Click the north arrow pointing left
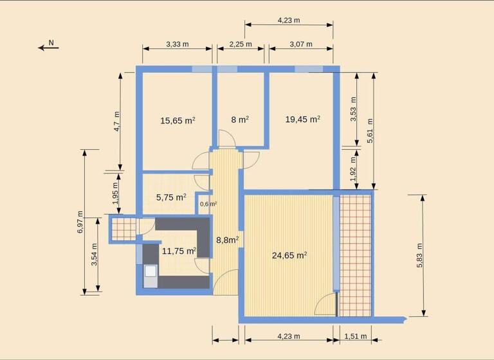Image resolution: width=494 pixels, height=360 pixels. point(48,48)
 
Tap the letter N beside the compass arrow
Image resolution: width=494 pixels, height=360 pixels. point(53,43)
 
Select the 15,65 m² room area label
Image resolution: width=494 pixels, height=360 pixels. point(178,120)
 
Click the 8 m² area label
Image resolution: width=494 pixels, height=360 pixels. point(240,119)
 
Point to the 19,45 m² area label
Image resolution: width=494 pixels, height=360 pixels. point(303,119)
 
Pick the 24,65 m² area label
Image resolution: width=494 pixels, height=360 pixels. point(289,255)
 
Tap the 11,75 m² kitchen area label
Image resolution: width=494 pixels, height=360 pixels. point(179,251)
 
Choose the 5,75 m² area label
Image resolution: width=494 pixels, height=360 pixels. point(171,197)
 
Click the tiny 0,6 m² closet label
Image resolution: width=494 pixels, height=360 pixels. point(208,204)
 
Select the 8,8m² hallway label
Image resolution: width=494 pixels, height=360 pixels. point(227,240)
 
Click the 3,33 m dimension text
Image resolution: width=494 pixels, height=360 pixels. point(178,44)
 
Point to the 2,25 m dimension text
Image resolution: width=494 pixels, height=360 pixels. point(240,44)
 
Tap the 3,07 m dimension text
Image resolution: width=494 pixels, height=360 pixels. point(301,44)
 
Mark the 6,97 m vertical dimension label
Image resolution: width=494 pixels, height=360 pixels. point(80,222)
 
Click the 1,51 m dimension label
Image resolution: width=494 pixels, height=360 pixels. point(356,336)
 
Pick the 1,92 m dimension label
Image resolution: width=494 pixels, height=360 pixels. point(352,172)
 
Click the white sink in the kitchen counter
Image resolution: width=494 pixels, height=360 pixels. point(150,271)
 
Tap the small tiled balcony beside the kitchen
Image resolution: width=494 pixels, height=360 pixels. point(123,229)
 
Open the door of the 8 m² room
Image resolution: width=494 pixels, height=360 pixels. point(225,139)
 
